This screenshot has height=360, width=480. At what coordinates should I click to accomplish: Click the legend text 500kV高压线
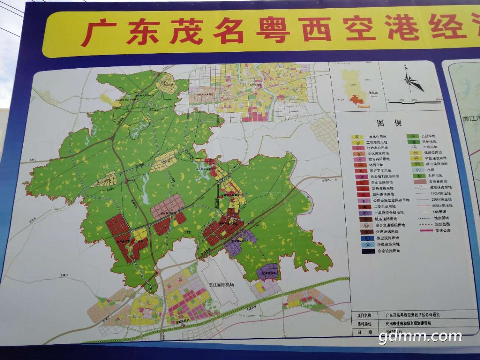coord(441,206)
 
